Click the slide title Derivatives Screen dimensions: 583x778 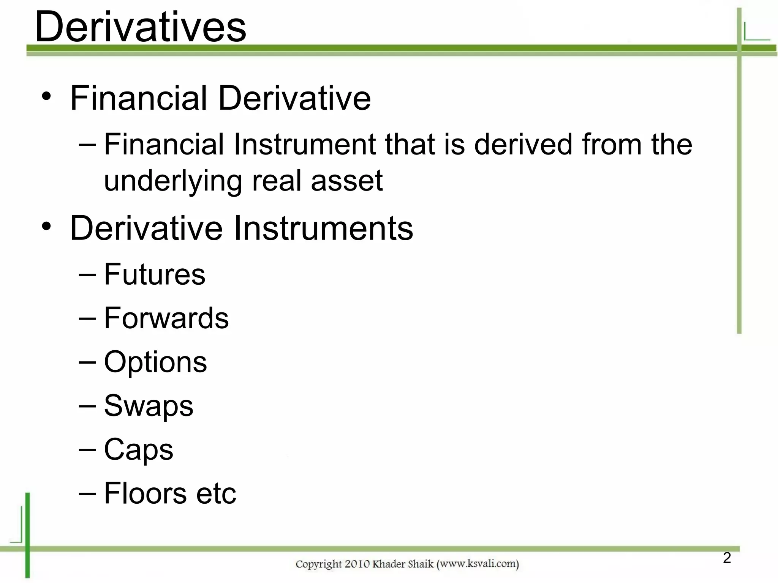coord(140,27)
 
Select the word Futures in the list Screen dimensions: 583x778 coord(155,274)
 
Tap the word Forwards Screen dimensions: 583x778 coord(166,318)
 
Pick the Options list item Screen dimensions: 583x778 coord(155,362)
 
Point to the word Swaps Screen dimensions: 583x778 coord(149,406)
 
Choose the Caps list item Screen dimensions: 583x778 coord(139,450)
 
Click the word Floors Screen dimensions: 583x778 coord(145,493)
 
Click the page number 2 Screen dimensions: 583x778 coord(727,558)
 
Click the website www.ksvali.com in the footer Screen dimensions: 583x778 coord(478,564)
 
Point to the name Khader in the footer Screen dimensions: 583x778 coord(389,564)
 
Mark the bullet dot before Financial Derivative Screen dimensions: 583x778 coord(46,97)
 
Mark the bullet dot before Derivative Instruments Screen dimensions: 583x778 coord(46,227)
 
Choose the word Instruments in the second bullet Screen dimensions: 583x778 coord(323,228)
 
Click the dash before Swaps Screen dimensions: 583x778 coord(87,406)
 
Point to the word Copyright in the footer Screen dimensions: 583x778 coord(318,564)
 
